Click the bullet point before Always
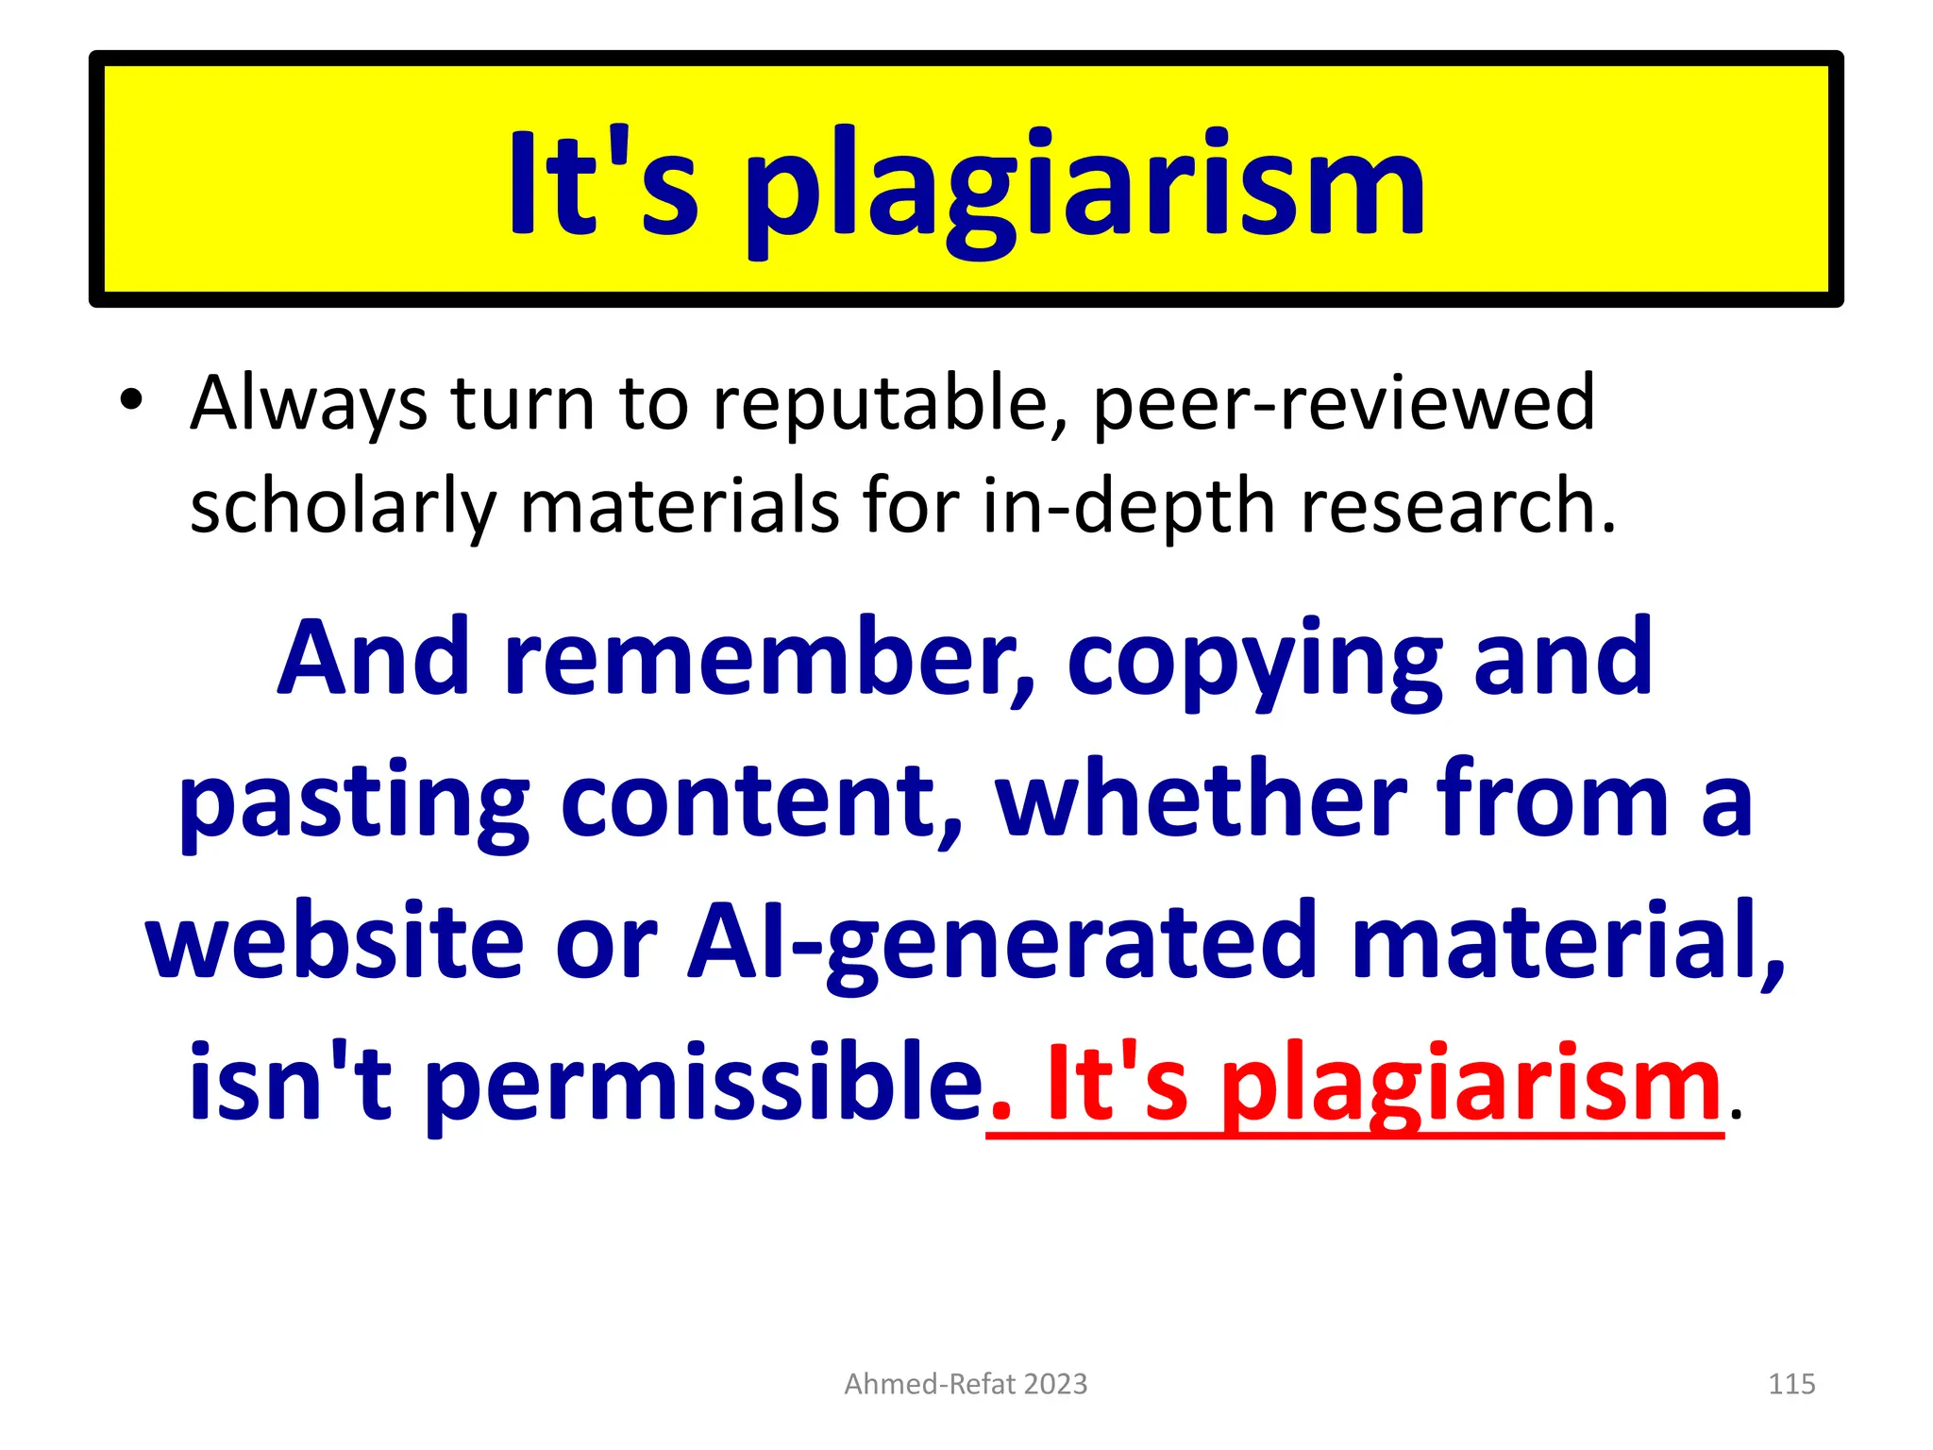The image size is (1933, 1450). (131, 400)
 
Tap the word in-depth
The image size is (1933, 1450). (1129, 507)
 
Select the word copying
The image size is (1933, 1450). (1255, 661)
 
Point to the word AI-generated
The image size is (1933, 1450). (1000, 944)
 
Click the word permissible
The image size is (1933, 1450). (703, 1084)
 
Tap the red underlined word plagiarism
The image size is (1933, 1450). (1472, 1086)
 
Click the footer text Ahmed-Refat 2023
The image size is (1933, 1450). (966, 1384)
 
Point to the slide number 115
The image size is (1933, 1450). (1791, 1384)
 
